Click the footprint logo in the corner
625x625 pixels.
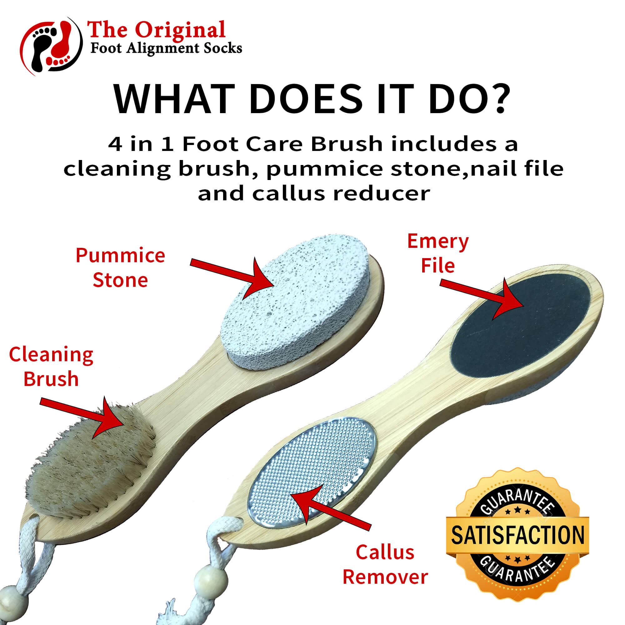(51, 46)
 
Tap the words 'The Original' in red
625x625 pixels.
(156, 30)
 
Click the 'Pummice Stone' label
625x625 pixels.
(120, 267)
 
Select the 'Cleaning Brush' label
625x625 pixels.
(51, 366)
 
